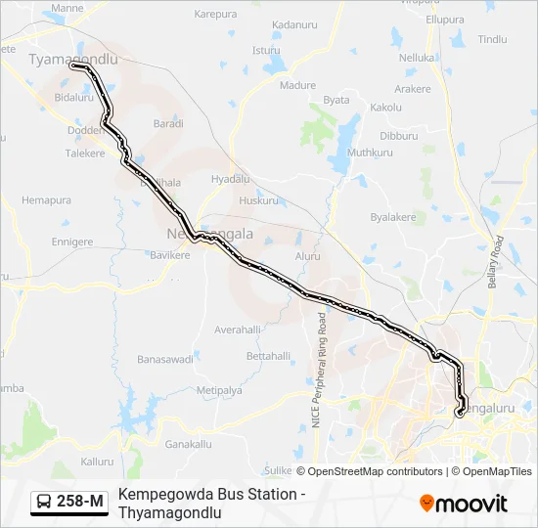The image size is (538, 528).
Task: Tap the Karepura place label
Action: (x=216, y=15)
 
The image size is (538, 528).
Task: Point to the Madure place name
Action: (x=298, y=85)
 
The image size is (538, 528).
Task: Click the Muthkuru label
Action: (x=370, y=153)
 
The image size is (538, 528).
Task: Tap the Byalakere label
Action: (x=393, y=217)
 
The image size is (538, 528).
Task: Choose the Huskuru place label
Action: (x=259, y=200)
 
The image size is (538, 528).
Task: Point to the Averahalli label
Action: (x=239, y=329)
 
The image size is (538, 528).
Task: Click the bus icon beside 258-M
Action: (x=45, y=503)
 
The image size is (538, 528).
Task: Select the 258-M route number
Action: (x=80, y=503)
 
